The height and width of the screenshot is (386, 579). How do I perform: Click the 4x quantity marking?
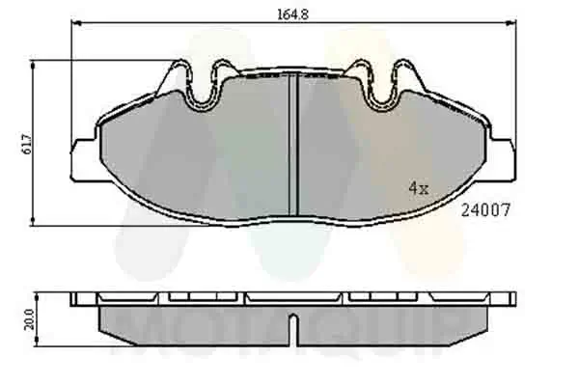[x=417, y=189]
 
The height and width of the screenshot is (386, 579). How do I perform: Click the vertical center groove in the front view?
[x=294, y=145]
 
